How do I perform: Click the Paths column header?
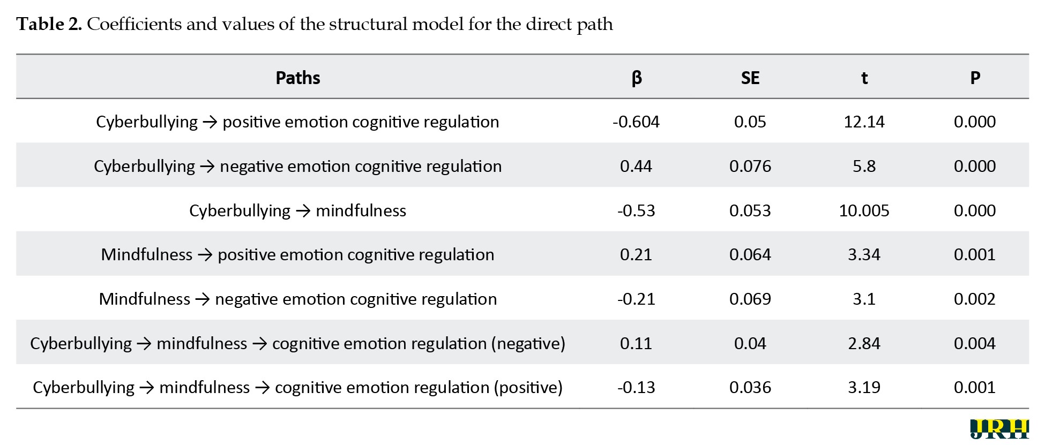297,78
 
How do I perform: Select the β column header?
636,79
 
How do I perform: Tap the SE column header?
750,78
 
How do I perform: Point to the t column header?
864,78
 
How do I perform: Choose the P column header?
975,78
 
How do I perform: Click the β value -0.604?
636,122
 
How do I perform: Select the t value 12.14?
864,122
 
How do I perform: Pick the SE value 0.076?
750,167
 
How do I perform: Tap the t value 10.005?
864,211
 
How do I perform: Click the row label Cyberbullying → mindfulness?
297,211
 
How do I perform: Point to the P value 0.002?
975,299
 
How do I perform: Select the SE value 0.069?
750,299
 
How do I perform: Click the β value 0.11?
636,344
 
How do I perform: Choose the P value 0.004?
975,344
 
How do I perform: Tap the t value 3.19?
864,388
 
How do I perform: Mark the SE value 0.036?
750,388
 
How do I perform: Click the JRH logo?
999,429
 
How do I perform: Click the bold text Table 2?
49,24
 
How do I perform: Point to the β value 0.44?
636,167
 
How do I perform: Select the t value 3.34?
864,255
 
